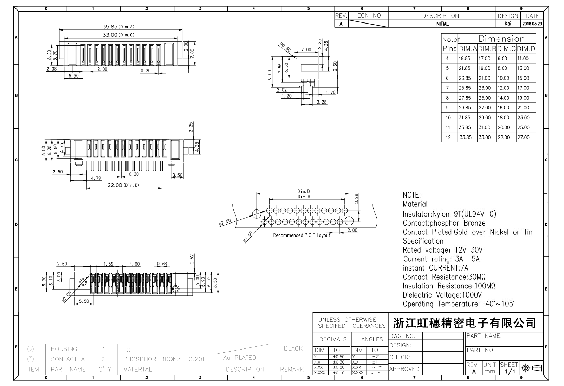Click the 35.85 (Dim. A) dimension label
(x=118, y=26)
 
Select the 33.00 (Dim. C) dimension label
(x=118, y=35)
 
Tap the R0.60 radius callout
(x=285, y=47)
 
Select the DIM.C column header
(x=506, y=49)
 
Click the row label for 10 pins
(x=448, y=118)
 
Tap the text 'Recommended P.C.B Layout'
(x=302, y=235)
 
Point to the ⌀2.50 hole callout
(x=225, y=222)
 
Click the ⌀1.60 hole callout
(x=248, y=237)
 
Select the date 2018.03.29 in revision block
(x=532, y=24)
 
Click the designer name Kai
(x=507, y=24)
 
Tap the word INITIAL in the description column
(x=442, y=24)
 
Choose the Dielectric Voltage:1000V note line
(x=442, y=295)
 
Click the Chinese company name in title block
(x=465, y=322)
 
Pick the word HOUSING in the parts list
(x=64, y=349)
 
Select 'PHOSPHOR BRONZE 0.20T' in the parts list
(x=164, y=359)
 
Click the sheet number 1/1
(x=510, y=371)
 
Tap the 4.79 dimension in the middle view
(x=96, y=178)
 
